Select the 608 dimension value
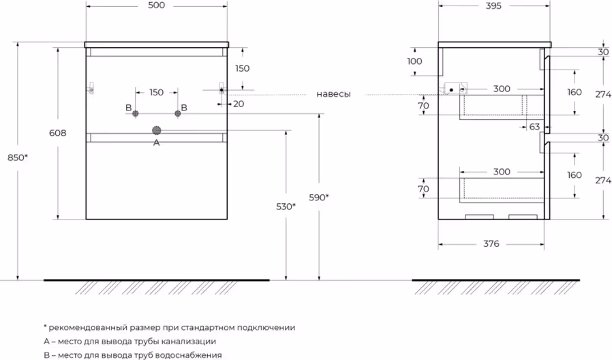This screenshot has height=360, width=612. [x=58, y=134]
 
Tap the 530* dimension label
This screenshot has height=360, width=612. [x=285, y=206]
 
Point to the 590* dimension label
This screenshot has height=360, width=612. [x=318, y=198]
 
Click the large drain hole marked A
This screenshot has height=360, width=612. [x=157, y=130]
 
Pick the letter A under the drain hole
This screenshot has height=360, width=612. [x=156, y=142]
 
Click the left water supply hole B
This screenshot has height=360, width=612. [x=136, y=113]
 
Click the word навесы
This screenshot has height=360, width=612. [x=333, y=94]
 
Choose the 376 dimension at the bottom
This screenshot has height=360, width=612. [x=491, y=243]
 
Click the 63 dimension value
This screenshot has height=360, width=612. [x=534, y=126]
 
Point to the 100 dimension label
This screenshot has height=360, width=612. [x=414, y=61]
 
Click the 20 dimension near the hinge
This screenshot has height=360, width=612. [x=238, y=104]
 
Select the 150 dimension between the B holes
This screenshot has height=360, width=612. [x=156, y=93]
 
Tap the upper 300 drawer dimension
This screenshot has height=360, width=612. [x=502, y=89]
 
